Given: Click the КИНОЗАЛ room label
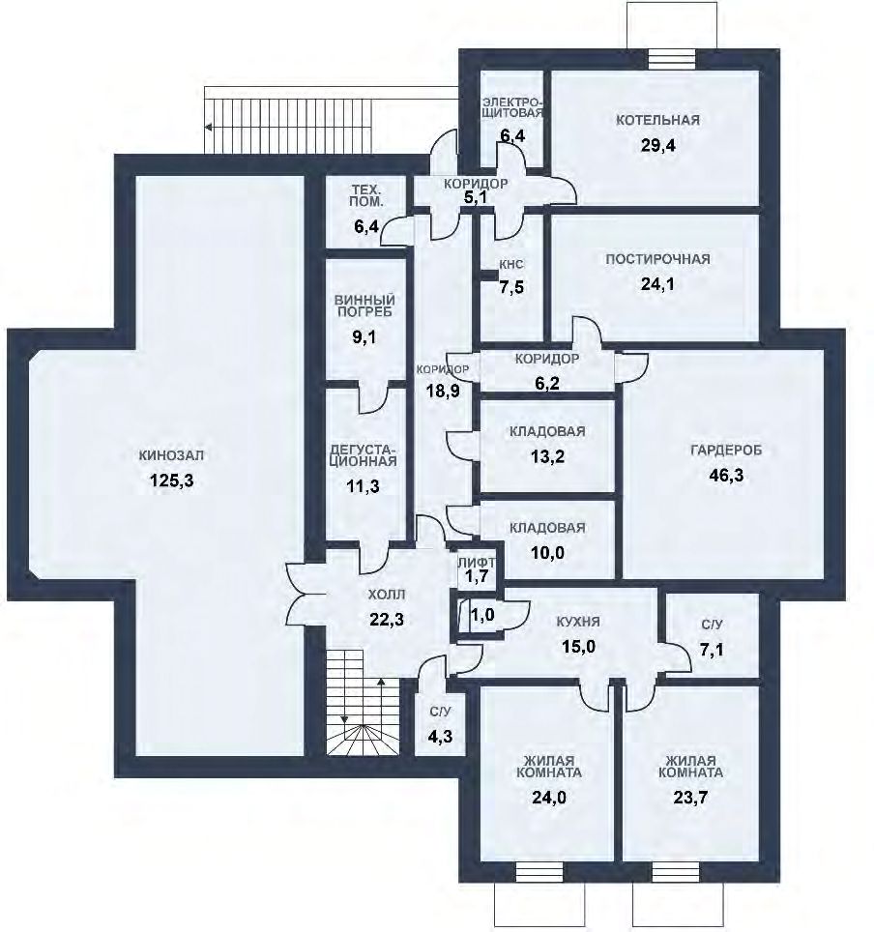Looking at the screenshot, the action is click(x=171, y=455).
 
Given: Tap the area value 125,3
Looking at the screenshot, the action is click(x=172, y=481).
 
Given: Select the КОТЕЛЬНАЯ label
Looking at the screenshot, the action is click(x=657, y=120).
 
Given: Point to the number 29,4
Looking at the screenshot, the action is click(x=658, y=146).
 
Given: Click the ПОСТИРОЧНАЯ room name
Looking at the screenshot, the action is click(x=657, y=259).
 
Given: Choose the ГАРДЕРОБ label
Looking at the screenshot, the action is click(x=726, y=450).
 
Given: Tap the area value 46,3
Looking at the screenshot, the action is click(x=726, y=476).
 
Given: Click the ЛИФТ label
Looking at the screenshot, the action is click(x=477, y=562).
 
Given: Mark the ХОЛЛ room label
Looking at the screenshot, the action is click(x=387, y=595).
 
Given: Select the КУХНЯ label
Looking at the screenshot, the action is click(x=578, y=622).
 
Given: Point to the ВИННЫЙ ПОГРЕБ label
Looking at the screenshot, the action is click(x=364, y=306).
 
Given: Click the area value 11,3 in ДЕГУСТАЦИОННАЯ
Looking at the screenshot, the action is click(x=363, y=486).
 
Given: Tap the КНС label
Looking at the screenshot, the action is click(x=511, y=265).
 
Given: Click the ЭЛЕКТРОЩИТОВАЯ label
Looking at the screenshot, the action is click(x=512, y=107).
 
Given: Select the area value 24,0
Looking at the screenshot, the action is click(x=549, y=797).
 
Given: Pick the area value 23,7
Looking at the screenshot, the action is click(x=690, y=797).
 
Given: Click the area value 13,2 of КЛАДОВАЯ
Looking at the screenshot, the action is click(x=547, y=456).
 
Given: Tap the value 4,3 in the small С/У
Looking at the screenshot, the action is click(x=440, y=737).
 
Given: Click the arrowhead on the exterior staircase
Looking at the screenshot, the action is click(x=208, y=127).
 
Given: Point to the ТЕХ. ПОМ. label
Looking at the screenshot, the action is click(x=367, y=195).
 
